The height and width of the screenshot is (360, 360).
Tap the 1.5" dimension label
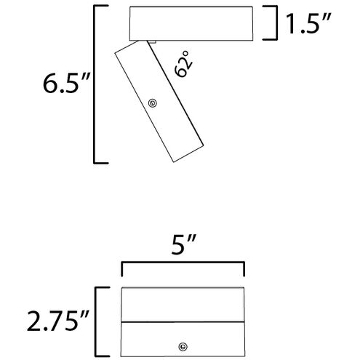[308, 23]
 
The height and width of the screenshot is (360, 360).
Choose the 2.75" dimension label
[57, 321]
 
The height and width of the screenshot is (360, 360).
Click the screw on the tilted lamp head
[153, 103]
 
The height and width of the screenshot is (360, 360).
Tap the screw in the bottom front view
[183, 347]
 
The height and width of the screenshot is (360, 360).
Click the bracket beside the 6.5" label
[95, 84]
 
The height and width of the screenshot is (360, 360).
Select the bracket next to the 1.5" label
[276, 23]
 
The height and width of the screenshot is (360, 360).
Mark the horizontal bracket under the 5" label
[183, 262]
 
